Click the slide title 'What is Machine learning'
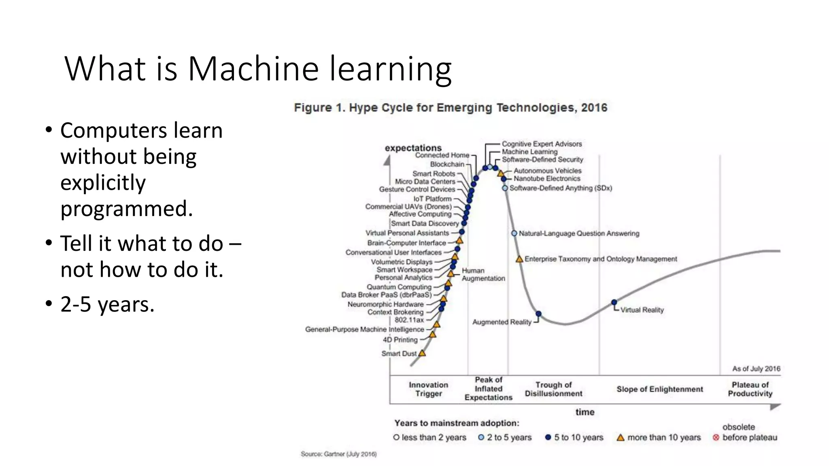pyautogui.click(x=258, y=69)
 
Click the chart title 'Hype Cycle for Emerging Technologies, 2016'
pyautogui.click(x=451, y=108)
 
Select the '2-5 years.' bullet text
pyautogui.click(x=107, y=304)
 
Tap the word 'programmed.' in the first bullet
pyautogui.click(x=126, y=209)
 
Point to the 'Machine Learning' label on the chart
pyautogui.click(x=529, y=152)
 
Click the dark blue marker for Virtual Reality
pyautogui.click(x=614, y=302)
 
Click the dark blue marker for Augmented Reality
pyautogui.click(x=538, y=314)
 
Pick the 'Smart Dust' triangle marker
pyautogui.click(x=422, y=353)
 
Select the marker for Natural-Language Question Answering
pyautogui.click(x=514, y=233)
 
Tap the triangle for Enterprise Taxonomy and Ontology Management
pyautogui.click(x=519, y=259)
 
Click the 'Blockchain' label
pyautogui.click(x=447, y=164)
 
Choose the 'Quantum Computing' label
pyautogui.click(x=399, y=287)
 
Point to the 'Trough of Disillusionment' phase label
pyautogui.click(x=553, y=389)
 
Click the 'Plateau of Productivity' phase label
pyautogui.click(x=750, y=389)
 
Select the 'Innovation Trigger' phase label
pyautogui.click(x=428, y=389)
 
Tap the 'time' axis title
pyautogui.click(x=585, y=412)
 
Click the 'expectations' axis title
pyautogui.click(x=413, y=148)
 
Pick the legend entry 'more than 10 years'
pyautogui.click(x=664, y=437)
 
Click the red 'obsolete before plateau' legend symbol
pyautogui.click(x=716, y=437)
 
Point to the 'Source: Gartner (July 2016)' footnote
pyautogui.click(x=338, y=454)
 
